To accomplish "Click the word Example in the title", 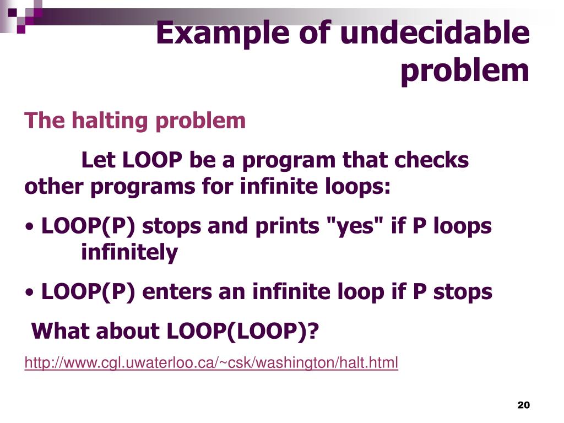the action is tap(223, 34).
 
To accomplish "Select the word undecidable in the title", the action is tap(435, 32).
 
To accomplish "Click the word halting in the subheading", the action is tap(110, 121).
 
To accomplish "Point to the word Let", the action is tap(98, 160).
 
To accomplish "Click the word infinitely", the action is tap(129, 252).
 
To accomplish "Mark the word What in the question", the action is tap(59, 331).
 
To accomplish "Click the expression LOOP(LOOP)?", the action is tap(243, 332).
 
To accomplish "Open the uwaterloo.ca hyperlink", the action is tap(211, 362).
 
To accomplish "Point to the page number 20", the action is tap(523, 405).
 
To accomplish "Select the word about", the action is tap(127, 331).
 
